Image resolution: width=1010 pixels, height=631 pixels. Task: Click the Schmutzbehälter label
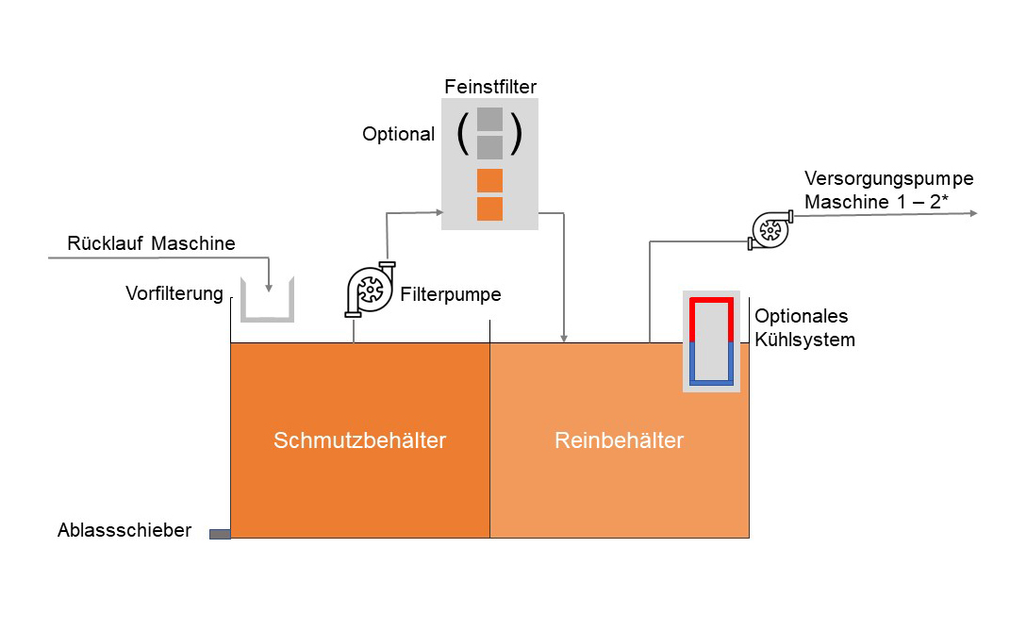(x=359, y=440)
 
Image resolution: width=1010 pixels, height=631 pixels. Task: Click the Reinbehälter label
(x=619, y=440)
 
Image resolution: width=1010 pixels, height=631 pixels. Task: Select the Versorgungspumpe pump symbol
(x=770, y=229)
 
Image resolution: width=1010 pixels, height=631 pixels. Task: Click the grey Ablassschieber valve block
(x=220, y=534)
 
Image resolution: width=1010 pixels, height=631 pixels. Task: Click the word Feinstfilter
(x=490, y=88)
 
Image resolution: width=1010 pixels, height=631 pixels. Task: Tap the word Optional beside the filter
(x=398, y=135)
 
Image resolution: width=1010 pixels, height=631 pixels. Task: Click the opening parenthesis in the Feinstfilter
(x=462, y=134)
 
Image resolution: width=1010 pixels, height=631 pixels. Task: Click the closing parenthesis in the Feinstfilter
(x=516, y=134)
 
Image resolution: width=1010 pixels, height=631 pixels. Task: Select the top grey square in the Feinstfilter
(x=489, y=119)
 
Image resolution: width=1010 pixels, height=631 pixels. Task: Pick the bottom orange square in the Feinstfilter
(x=489, y=208)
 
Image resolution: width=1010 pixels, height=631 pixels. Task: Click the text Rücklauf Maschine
(x=151, y=244)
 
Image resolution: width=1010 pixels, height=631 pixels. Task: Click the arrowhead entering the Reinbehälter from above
(x=564, y=337)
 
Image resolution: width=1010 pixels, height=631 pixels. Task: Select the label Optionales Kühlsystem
(x=804, y=327)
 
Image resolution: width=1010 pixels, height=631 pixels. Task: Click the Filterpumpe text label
(x=450, y=294)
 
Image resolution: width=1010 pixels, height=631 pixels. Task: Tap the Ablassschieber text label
(x=124, y=531)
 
